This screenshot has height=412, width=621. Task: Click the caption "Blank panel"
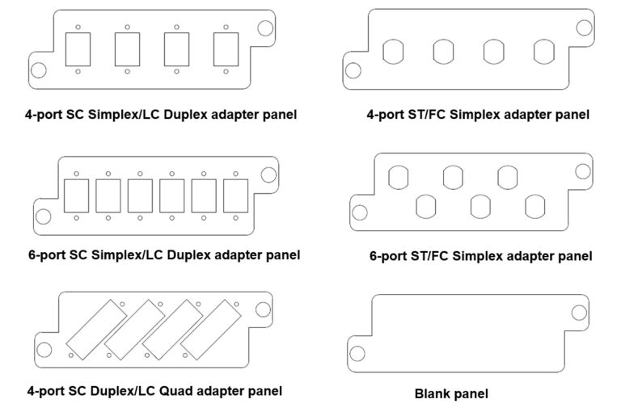click(x=451, y=395)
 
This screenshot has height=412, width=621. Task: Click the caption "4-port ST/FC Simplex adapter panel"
click(x=477, y=115)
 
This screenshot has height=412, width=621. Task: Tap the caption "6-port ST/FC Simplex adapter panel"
click(x=480, y=257)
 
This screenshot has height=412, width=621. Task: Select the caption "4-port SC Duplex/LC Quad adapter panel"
click(x=154, y=391)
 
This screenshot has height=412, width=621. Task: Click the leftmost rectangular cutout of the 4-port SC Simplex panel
click(x=78, y=49)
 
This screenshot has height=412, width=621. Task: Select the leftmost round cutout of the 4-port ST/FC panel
click(x=392, y=52)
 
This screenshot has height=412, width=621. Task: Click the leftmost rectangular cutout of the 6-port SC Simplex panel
click(x=76, y=195)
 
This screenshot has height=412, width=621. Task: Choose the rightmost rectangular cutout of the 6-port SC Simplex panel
click(x=235, y=195)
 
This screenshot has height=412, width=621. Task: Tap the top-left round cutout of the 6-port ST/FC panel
click(x=399, y=177)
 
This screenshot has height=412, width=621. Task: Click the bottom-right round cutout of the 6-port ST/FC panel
click(x=535, y=207)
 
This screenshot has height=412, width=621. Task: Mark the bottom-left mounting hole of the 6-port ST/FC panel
click(x=357, y=213)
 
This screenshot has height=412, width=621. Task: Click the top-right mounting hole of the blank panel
click(x=580, y=313)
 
